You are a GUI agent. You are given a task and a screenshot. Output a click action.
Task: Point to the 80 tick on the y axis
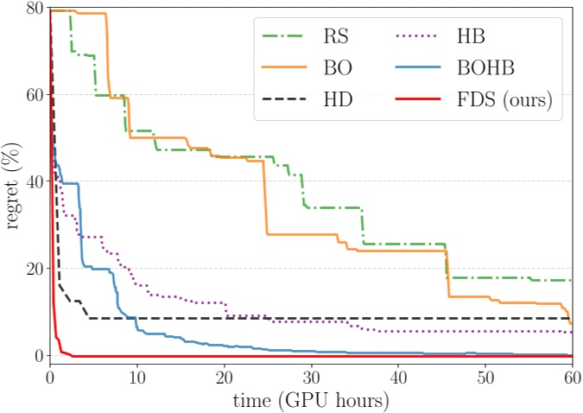(x=34, y=8)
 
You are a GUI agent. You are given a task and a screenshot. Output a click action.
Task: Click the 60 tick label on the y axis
(x=34, y=95)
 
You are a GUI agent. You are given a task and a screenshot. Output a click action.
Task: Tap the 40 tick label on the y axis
(x=34, y=182)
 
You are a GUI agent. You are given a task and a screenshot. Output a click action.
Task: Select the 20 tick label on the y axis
(x=34, y=269)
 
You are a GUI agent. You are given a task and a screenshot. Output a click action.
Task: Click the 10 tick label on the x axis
(x=137, y=378)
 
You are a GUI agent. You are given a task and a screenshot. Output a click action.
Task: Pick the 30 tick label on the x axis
(x=311, y=378)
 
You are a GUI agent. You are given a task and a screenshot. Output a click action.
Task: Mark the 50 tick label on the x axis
(x=485, y=378)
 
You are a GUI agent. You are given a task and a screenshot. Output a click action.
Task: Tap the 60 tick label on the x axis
(x=571, y=378)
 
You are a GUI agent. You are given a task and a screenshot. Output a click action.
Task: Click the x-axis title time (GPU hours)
(x=310, y=401)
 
